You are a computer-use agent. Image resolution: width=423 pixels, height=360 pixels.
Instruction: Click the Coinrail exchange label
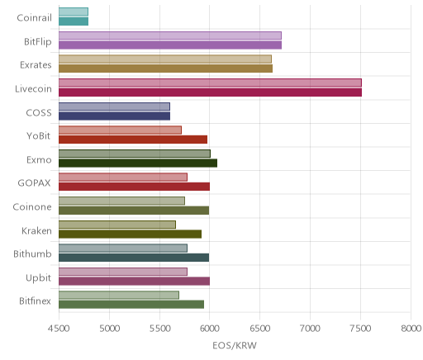point(34,18)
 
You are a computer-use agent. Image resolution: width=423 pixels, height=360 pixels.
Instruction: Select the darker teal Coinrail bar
point(74,21)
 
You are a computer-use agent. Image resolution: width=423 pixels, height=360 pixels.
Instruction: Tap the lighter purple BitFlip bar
point(170,36)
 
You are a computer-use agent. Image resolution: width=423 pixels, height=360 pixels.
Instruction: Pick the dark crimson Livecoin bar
point(210,92)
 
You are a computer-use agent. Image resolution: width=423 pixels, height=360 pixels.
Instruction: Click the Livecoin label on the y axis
point(33,89)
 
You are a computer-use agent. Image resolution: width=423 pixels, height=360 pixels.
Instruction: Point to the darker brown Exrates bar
point(165,69)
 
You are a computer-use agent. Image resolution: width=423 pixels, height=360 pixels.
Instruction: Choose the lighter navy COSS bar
point(114,107)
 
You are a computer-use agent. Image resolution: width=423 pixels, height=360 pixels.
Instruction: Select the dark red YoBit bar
point(133,140)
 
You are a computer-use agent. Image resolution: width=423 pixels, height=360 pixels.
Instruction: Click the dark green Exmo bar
point(138,163)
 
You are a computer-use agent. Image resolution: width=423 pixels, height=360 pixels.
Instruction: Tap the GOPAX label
point(34,183)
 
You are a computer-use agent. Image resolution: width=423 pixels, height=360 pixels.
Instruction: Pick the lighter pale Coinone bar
point(121,201)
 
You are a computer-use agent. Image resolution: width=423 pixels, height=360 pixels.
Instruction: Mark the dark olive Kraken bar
point(130,234)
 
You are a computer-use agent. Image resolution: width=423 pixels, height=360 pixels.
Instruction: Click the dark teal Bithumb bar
point(134,258)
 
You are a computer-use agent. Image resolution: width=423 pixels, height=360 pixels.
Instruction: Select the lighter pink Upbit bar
point(123,272)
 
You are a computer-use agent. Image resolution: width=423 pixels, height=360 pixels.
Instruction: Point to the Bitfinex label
point(35,301)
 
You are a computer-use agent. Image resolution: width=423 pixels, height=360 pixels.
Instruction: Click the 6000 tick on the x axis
point(209,329)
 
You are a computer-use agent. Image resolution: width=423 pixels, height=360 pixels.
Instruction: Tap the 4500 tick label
point(59,329)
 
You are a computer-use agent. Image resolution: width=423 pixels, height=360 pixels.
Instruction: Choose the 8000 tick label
point(411,329)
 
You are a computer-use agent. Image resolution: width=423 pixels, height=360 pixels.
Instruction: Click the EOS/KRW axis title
point(235,346)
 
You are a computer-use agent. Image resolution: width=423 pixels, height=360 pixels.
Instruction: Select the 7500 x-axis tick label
point(360,329)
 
